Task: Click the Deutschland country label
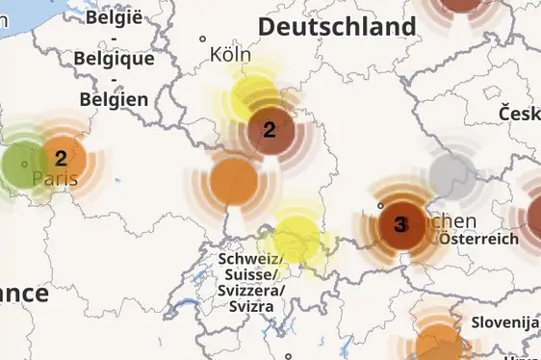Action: [x=337, y=27]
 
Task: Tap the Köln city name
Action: [x=230, y=54]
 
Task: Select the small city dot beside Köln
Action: [x=203, y=39]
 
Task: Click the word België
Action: [x=114, y=16]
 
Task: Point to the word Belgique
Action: [x=114, y=58]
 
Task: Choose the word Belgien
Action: [x=114, y=98]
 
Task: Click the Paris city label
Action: [x=55, y=179]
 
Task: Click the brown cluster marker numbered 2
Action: [x=270, y=130]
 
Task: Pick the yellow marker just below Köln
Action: [x=254, y=95]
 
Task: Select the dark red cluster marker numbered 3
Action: [x=399, y=225]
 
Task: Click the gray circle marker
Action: [x=449, y=175]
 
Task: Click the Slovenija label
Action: [x=504, y=321]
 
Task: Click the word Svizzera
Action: [x=249, y=291]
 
